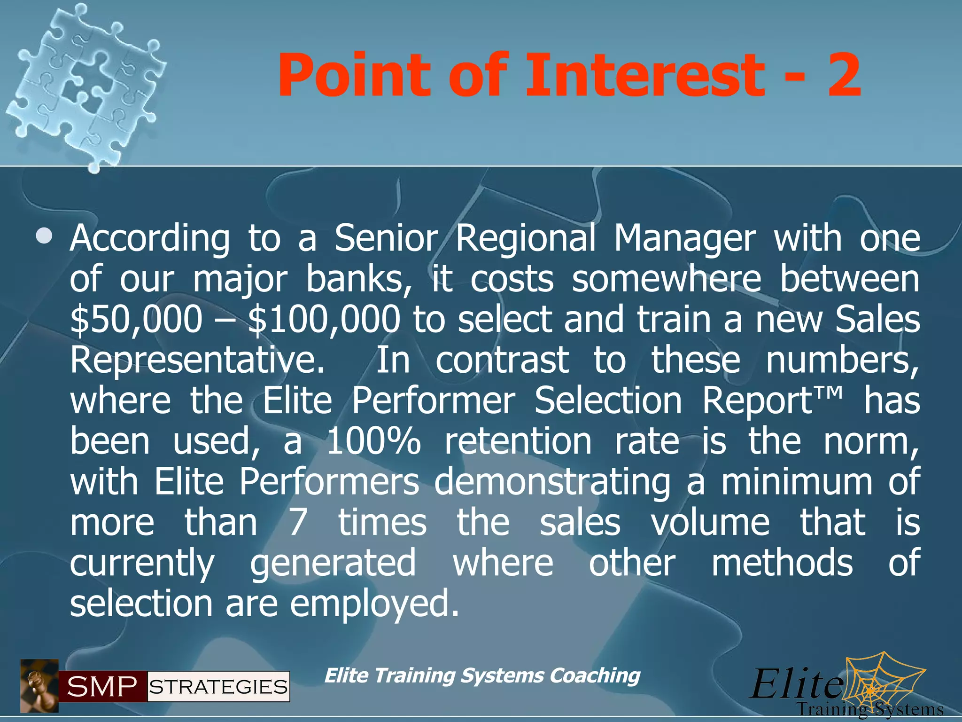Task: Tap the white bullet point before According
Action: click(44, 235)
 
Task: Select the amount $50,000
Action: click(136, 320)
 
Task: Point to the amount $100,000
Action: click(324, 320)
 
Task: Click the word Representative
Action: click(197, 361)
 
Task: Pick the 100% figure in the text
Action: click(373, 442)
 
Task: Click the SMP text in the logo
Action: click(102, 687)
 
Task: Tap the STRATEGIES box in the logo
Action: click(218, 687)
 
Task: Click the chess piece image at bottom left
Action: click(39, 685)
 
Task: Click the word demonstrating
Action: click(552, 482)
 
